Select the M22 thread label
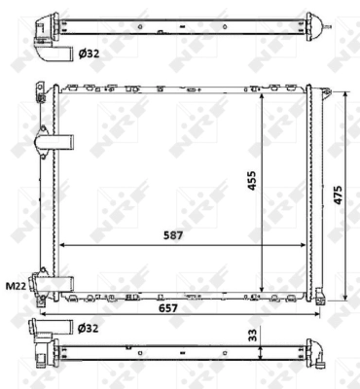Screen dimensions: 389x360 (x=15, y=286)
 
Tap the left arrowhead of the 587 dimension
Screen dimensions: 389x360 (x=62, y=244)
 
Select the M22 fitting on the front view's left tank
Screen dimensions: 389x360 (x=44, y=283)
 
